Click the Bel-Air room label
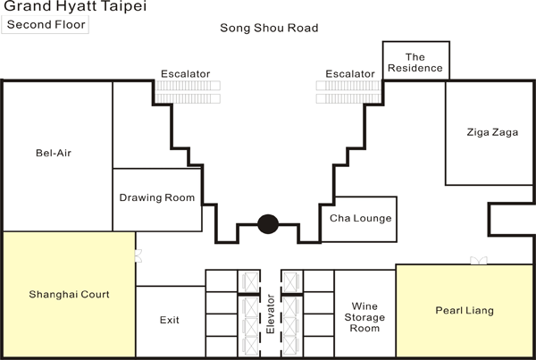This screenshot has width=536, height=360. click(x=53, y=153)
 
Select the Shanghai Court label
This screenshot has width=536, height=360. click(x=69, y=293)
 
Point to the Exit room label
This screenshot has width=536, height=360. click(x=170, y=319)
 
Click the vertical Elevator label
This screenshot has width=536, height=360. click(x=271, y=314)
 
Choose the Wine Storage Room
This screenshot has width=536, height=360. click(x=364, y=316)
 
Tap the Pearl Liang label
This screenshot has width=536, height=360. click(x=464, y=311)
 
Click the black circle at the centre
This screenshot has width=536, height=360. click(x=267, y=224)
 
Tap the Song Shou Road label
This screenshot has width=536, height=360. click(x=269, y=28)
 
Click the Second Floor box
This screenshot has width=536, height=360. click(x=46, y=24)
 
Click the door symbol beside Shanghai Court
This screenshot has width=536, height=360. click(x=138, y=255)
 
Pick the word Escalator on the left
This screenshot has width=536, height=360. click(x=185, y=73)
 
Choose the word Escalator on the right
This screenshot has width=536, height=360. click(x=349, y=73)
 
